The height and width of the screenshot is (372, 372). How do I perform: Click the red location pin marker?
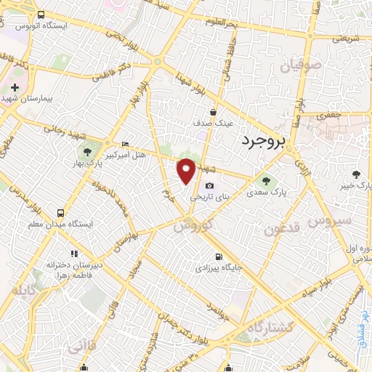(186, 170)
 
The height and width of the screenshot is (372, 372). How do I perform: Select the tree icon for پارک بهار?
(87, 153)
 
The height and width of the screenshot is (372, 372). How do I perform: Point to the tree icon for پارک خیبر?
(356, 174)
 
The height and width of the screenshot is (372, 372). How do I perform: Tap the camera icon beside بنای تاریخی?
(209, 186)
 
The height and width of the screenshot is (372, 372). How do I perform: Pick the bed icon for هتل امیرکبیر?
(125, 144)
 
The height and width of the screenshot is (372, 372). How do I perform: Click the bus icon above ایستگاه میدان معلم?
(60, 214)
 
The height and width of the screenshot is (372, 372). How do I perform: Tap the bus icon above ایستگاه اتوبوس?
(41, 15)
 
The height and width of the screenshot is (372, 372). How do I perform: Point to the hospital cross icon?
(15, 87)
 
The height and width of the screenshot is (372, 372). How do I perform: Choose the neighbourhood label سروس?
(329, 219)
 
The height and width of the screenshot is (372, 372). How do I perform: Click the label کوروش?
(193, 226)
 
